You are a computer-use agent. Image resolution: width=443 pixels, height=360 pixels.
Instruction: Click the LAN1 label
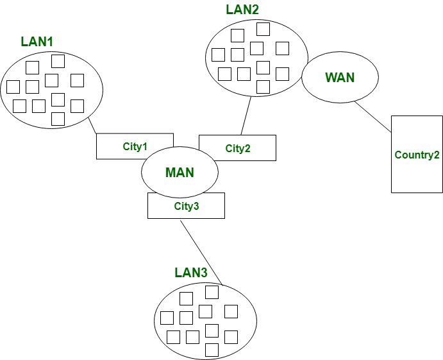click(x=37, y=42)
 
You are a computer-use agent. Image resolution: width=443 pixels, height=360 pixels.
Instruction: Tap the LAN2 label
click(x=242, y=10)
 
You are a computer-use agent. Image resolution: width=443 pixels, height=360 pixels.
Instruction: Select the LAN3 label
click(x=190, y=273)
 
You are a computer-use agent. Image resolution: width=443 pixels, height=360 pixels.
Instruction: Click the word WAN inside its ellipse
click(x=339, y=78)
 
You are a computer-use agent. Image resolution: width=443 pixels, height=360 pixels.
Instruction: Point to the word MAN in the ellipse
click(x=180, y=173)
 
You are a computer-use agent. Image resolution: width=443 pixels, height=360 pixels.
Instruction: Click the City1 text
click(x=135, y=146)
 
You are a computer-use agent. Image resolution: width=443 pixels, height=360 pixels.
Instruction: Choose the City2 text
click(x=238, y=148)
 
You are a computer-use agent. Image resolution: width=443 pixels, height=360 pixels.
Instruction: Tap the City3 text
click(x=187, y=206)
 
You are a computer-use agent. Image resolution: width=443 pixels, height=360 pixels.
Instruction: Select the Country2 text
click(x=417, y=155)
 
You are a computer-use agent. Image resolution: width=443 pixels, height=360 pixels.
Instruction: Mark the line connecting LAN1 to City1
click(x=92, y=124)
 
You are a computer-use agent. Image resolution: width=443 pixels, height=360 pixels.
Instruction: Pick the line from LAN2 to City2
click(x=245, y=116)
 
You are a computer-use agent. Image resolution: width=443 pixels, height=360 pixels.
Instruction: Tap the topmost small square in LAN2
click(x=263, y=29)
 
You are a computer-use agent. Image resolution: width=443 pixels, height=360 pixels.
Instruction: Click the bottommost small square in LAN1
click(x=58, y=119)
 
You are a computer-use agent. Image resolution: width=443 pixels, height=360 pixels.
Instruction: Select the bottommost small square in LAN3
click(x=212, y=350)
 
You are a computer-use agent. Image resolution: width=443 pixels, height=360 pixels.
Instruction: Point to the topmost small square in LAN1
click(x=58, y=61)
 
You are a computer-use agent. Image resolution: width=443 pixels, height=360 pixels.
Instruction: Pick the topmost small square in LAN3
click(x=212, y=292)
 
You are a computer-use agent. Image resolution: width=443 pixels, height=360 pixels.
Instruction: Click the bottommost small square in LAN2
click(x=263, y=87)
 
